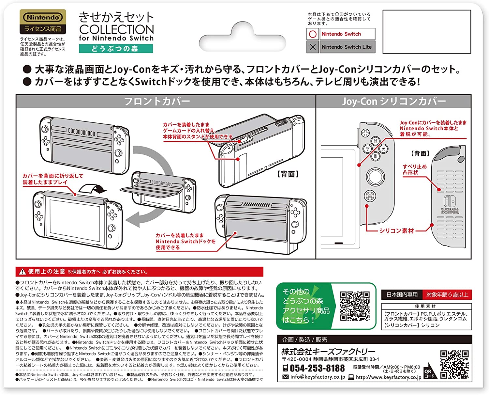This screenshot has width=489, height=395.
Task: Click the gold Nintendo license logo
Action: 43,22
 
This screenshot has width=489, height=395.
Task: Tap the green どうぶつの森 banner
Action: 116,49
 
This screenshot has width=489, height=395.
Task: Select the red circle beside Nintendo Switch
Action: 313,34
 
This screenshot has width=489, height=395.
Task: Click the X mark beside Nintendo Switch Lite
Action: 313,47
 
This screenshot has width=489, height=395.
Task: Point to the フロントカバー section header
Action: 157,102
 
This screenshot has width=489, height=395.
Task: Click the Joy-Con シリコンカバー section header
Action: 393,102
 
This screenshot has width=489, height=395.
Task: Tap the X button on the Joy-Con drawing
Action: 376,141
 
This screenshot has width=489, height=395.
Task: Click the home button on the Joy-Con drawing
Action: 370,196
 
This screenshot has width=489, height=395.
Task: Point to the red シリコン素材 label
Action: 396,231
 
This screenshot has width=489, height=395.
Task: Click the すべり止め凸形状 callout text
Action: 414,169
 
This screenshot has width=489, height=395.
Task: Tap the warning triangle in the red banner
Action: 22,272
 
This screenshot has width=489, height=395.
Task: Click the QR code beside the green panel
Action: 355,306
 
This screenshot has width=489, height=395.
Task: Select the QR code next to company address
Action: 454,364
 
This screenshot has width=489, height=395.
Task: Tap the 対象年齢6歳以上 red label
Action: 447,295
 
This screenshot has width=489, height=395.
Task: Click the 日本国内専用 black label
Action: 402,295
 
